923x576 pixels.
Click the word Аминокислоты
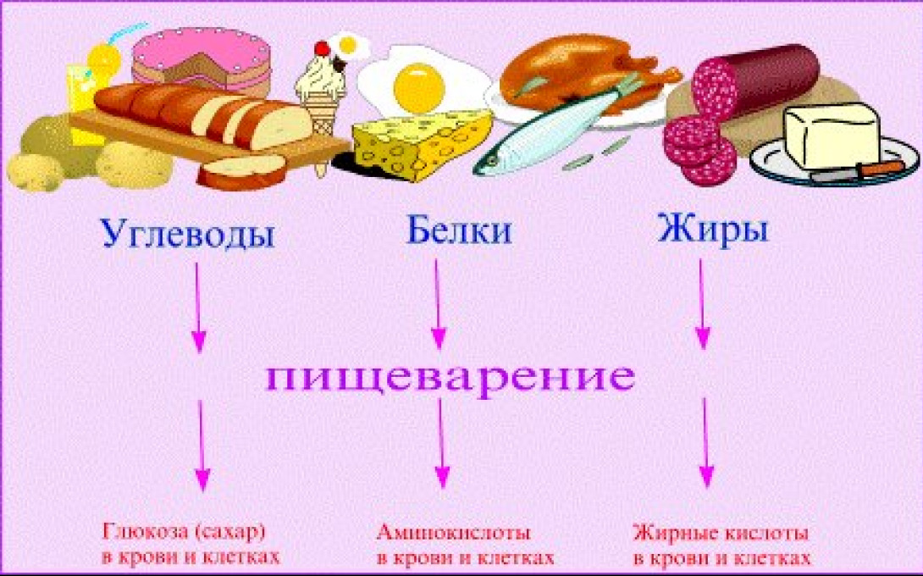[x=453, y=533]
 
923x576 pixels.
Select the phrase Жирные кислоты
[x=721, y=534]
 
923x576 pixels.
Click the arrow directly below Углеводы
[x=198, y=307]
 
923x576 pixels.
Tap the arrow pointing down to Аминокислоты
[x=441, y=446]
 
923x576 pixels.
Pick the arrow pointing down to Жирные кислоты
[x=705, y=444]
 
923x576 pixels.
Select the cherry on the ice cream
[x=322, y=48]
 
